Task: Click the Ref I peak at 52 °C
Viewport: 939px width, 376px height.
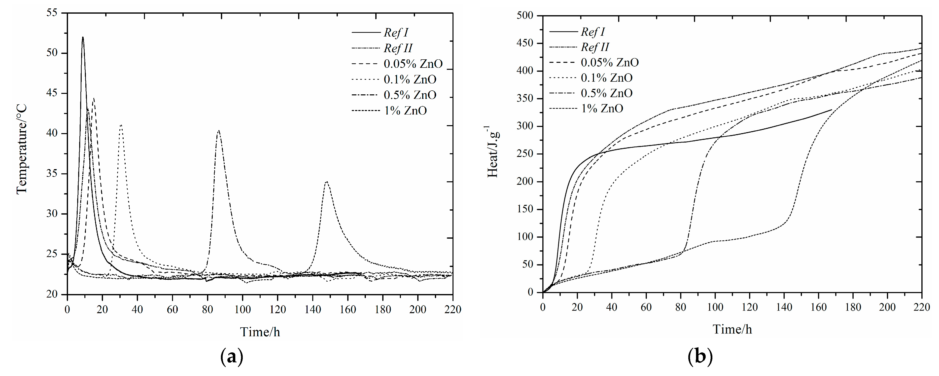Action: [x=83, y=37]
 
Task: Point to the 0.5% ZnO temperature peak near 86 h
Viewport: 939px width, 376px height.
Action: [x=218, y=131]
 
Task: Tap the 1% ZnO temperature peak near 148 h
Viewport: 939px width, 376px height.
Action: [x=327, y=182]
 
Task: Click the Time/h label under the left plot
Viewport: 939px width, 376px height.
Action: [x=260, y=332]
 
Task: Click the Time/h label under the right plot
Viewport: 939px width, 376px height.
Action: [x=732, y=329]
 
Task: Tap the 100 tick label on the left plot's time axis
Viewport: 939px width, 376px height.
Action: [x=243, y=310]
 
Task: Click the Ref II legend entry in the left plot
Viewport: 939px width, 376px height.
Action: [x=398, y=48]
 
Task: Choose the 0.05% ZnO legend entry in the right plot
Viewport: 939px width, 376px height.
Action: [x=609, y=62]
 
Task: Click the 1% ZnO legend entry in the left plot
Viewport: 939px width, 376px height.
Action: [x=405, y=111]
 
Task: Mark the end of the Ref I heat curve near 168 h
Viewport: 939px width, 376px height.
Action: [x=832, y=110]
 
